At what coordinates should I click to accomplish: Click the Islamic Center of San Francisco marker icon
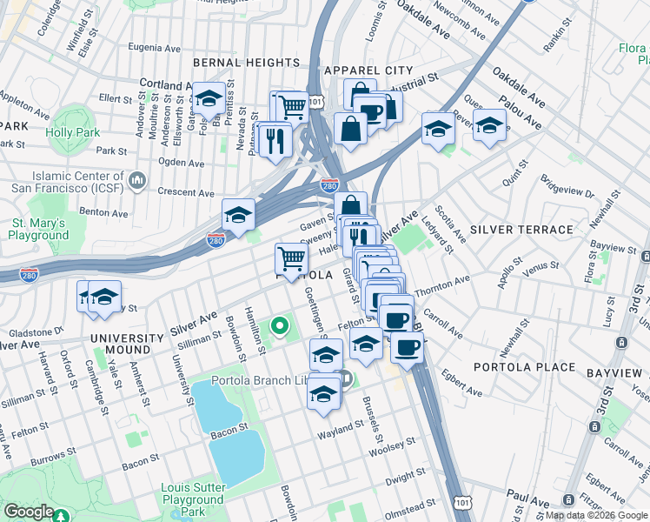136,180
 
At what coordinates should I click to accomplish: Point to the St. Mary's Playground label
39,229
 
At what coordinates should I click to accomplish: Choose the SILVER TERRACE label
521,230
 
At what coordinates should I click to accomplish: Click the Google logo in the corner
29,512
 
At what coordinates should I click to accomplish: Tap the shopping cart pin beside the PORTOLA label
291,258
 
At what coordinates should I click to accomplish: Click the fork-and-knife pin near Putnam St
275,139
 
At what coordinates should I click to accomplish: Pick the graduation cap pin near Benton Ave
238,216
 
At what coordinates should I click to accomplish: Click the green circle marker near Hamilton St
279,327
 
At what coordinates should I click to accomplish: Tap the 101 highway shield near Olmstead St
462,505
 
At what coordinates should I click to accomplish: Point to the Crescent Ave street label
185,192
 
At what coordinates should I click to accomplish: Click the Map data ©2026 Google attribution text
595,515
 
